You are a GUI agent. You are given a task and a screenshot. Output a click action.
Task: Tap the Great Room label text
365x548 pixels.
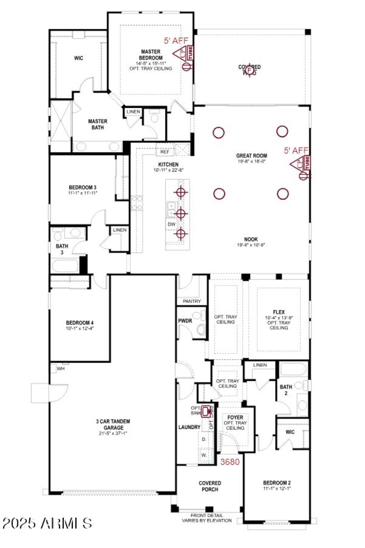pyautogui.click(x=251, y=155)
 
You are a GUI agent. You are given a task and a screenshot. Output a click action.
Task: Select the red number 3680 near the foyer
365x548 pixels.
pyautogui.click(x=230, y=461)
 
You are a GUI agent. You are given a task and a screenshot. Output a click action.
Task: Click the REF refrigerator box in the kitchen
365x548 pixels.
pyautogui.click(x=165, y=152)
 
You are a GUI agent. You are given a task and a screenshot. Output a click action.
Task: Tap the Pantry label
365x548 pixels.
pyautogui.click(x=192, y=301)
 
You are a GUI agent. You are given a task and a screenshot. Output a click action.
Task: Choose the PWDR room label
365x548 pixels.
pyautogui.click(x=185, y=321)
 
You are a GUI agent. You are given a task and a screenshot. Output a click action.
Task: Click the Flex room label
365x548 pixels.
pyautogui.click(x=279, y=312)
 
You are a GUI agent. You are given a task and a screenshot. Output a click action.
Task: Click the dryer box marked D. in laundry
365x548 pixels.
pyautogui.click(x=204, y=439)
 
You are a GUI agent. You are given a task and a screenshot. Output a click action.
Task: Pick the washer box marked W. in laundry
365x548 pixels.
pyautogui.click(x=204, y=455)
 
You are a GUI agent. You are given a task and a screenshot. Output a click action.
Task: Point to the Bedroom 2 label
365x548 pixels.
pyautogui.click(x=277, y=483)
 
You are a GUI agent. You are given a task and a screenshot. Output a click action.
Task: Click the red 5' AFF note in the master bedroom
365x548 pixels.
pyautogui.click(x=176, y=41)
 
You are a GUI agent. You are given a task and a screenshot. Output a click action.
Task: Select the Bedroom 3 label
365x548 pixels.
pyautogui.click(x=82, y=187)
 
